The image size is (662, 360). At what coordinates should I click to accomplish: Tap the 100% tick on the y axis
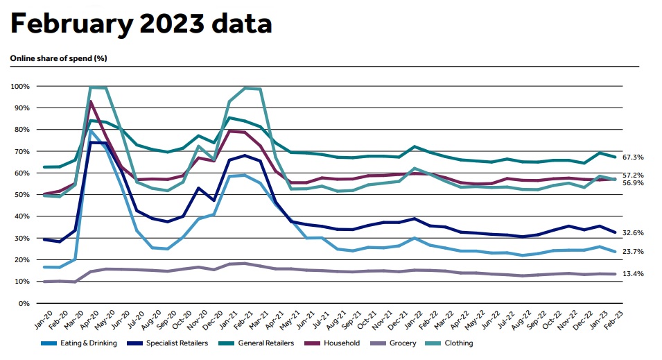pyautogui.click(x=19, y=86)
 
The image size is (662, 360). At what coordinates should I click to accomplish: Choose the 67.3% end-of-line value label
pyautogui.click(x=634, y=157)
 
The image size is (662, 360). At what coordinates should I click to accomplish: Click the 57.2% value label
pyautogui.click(x=634, y=175)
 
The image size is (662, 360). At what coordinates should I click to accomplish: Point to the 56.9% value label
pyautogui.click(x=634, y=183)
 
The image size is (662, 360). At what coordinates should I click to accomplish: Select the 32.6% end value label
pyautogui.click(x=634, y=232)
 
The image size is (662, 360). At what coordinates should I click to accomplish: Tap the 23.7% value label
pyautogui.click(x=634, y=252)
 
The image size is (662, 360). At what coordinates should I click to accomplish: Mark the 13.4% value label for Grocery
pyautogui.click(x=634, y=274)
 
